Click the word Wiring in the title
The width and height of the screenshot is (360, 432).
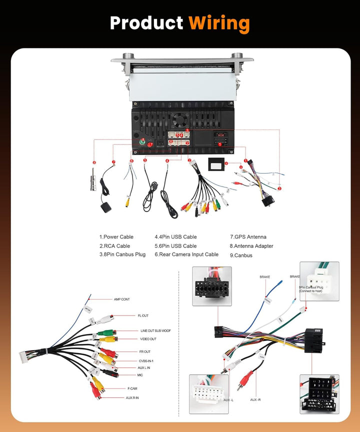coord(219,23)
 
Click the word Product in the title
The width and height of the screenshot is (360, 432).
coord(146,23)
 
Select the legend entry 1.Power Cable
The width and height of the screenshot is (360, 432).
coord(116,237)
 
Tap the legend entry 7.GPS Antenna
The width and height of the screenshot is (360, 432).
coord(248,237)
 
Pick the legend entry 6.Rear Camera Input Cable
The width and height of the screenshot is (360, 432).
coord(186,254)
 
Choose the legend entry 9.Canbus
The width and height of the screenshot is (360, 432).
coord(241,255)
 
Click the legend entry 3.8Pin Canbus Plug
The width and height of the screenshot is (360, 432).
coord(122,254)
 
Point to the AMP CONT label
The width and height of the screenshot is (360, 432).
coord(121,299)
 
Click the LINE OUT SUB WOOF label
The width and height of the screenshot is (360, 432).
coord(155,331)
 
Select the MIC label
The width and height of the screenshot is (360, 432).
coord(140,375)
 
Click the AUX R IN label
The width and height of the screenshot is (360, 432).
coord(132,397)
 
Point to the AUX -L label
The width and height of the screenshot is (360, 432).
coord(229,400)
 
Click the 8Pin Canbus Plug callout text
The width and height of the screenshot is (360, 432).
coord(311,288)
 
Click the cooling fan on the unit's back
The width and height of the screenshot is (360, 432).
coord(178,120)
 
